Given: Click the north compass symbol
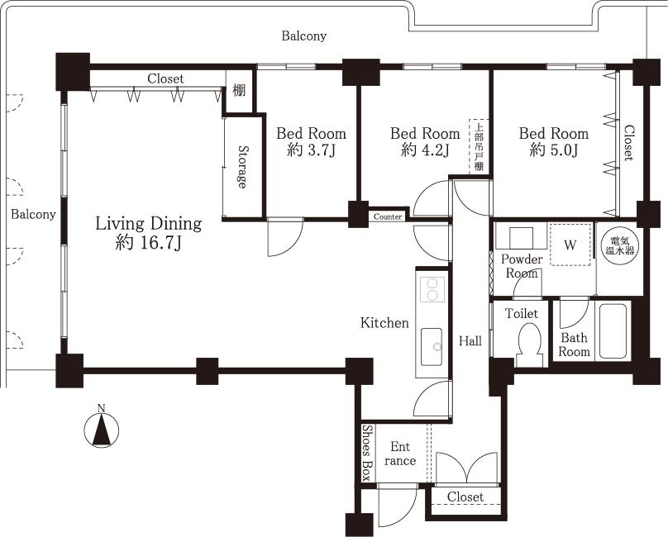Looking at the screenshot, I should tap(101, 429).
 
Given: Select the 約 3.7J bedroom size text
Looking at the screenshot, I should tap(311, 150).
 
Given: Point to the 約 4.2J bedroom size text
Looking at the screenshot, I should tap(425, 150).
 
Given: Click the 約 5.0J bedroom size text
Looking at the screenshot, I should tap(554, 150).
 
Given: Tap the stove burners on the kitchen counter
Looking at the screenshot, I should tap(432, 289).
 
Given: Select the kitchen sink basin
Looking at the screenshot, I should tap(432, 346).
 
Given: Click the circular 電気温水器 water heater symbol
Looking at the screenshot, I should tap(618, 245).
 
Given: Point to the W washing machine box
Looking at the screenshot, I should tap(570, 245).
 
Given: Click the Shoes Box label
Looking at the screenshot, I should tap(366, 453).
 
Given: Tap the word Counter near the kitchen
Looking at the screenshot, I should tap(388, 217).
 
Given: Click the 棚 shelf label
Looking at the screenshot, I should tap(239, 90).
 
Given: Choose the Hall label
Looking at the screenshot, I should tap(470, 340).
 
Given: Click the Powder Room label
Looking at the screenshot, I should tap(522, 266).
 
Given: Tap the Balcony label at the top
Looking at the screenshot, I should tap(303, 36).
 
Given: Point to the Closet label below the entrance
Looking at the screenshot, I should tap(465, 497).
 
